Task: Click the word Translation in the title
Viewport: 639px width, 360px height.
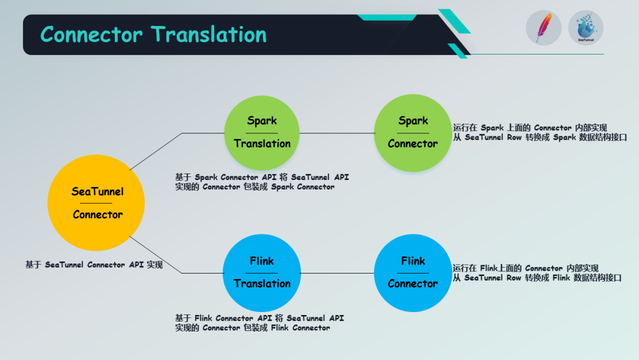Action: [209, 34]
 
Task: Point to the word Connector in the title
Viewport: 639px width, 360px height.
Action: [91, 34]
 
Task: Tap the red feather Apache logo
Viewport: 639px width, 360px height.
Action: [543, 28]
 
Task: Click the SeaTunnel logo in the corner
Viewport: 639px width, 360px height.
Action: [586, 28]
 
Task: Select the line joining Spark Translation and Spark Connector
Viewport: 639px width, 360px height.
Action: [337, 133]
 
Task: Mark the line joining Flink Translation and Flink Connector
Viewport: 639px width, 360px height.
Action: [337, 273]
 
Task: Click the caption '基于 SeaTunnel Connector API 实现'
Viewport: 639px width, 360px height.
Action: [93, 265]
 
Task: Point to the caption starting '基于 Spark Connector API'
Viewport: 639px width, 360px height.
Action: [262, 182]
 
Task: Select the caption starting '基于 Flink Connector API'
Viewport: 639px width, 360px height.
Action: [259, 323]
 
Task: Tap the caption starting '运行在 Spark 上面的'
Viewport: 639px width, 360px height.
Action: [540, 132]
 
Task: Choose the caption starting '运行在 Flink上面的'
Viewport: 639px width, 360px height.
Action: [537, 273]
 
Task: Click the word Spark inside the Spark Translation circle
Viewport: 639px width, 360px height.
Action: [262, 121]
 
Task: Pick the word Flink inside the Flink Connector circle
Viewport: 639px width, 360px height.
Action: [412, 261]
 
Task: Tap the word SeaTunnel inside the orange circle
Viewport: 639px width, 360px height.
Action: [98, 191]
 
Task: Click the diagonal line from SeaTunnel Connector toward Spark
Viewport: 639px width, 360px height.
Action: [155, 152]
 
